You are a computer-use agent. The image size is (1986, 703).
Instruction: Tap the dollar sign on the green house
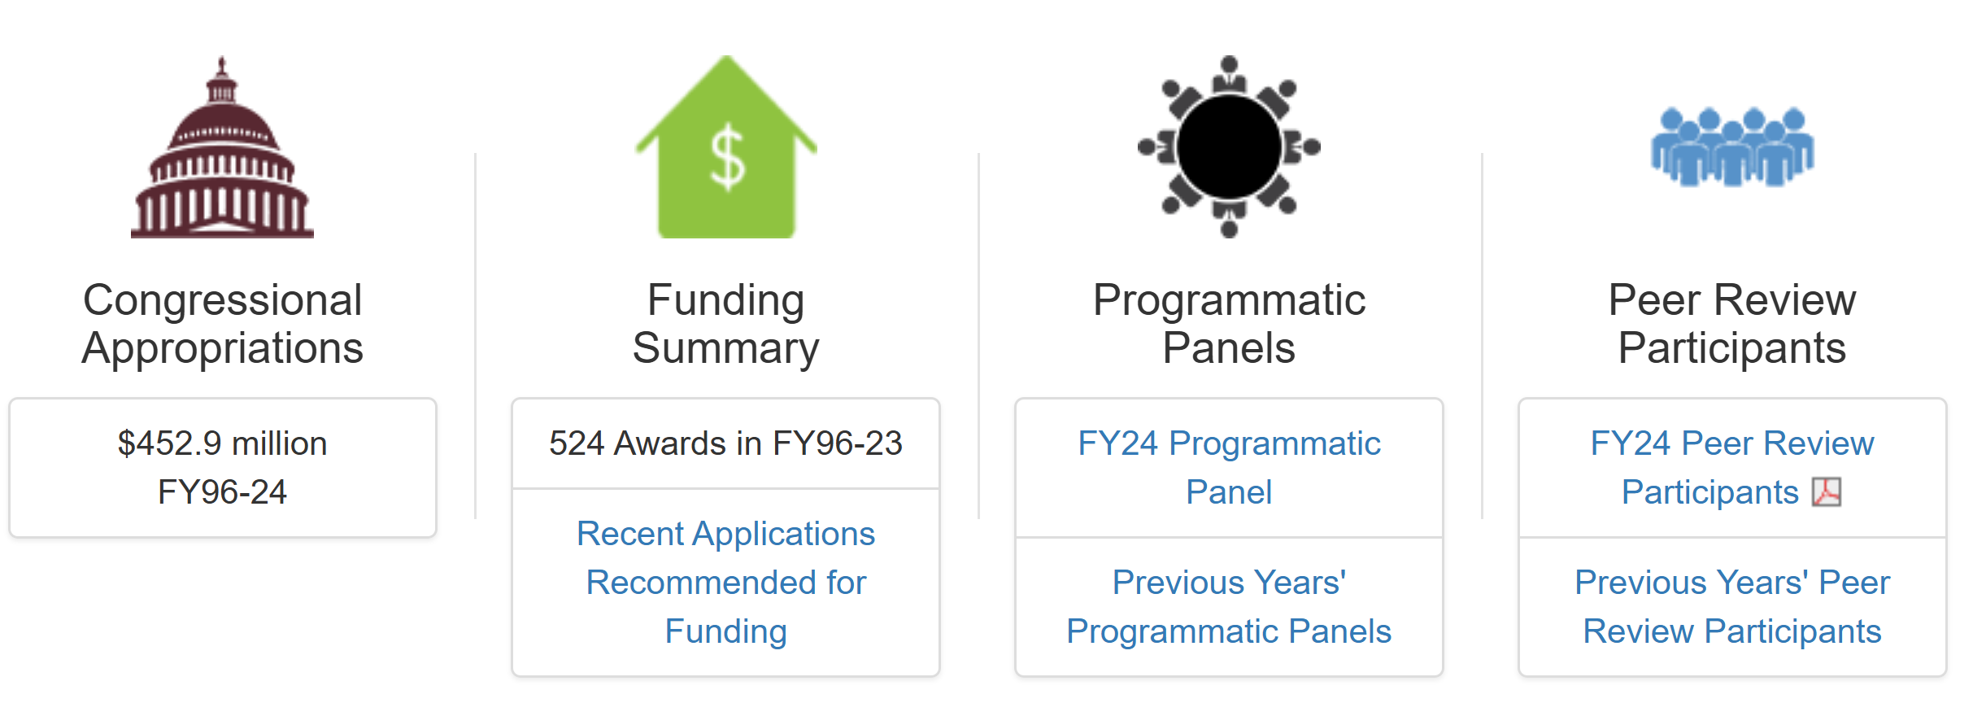pos(726,157)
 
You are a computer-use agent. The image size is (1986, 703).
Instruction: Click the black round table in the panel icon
pos(1229,146)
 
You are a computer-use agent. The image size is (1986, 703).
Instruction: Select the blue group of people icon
pos(1732,146)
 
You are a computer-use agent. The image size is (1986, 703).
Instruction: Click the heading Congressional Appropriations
pos(222,324)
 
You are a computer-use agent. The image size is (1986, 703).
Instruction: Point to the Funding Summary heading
pos(726,324)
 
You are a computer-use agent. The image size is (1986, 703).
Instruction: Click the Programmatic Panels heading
pos(1229,324)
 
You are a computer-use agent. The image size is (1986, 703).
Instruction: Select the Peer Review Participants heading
pos(1732,324)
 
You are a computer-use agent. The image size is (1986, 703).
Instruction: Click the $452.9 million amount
pos(222,443)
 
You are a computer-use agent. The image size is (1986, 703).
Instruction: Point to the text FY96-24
pos(222,492)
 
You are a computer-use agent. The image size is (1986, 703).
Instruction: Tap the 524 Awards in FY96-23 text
pos(725,443)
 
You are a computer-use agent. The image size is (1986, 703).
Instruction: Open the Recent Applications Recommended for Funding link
pos(726,583)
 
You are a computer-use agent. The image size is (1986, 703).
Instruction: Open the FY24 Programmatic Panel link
pos(1229,468)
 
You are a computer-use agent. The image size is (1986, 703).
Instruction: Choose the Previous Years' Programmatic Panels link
pos(1229,607)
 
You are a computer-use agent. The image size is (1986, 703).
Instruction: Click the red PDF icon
pos(1827,492)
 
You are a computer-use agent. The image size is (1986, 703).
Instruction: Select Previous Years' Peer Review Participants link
pos(1732,607)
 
